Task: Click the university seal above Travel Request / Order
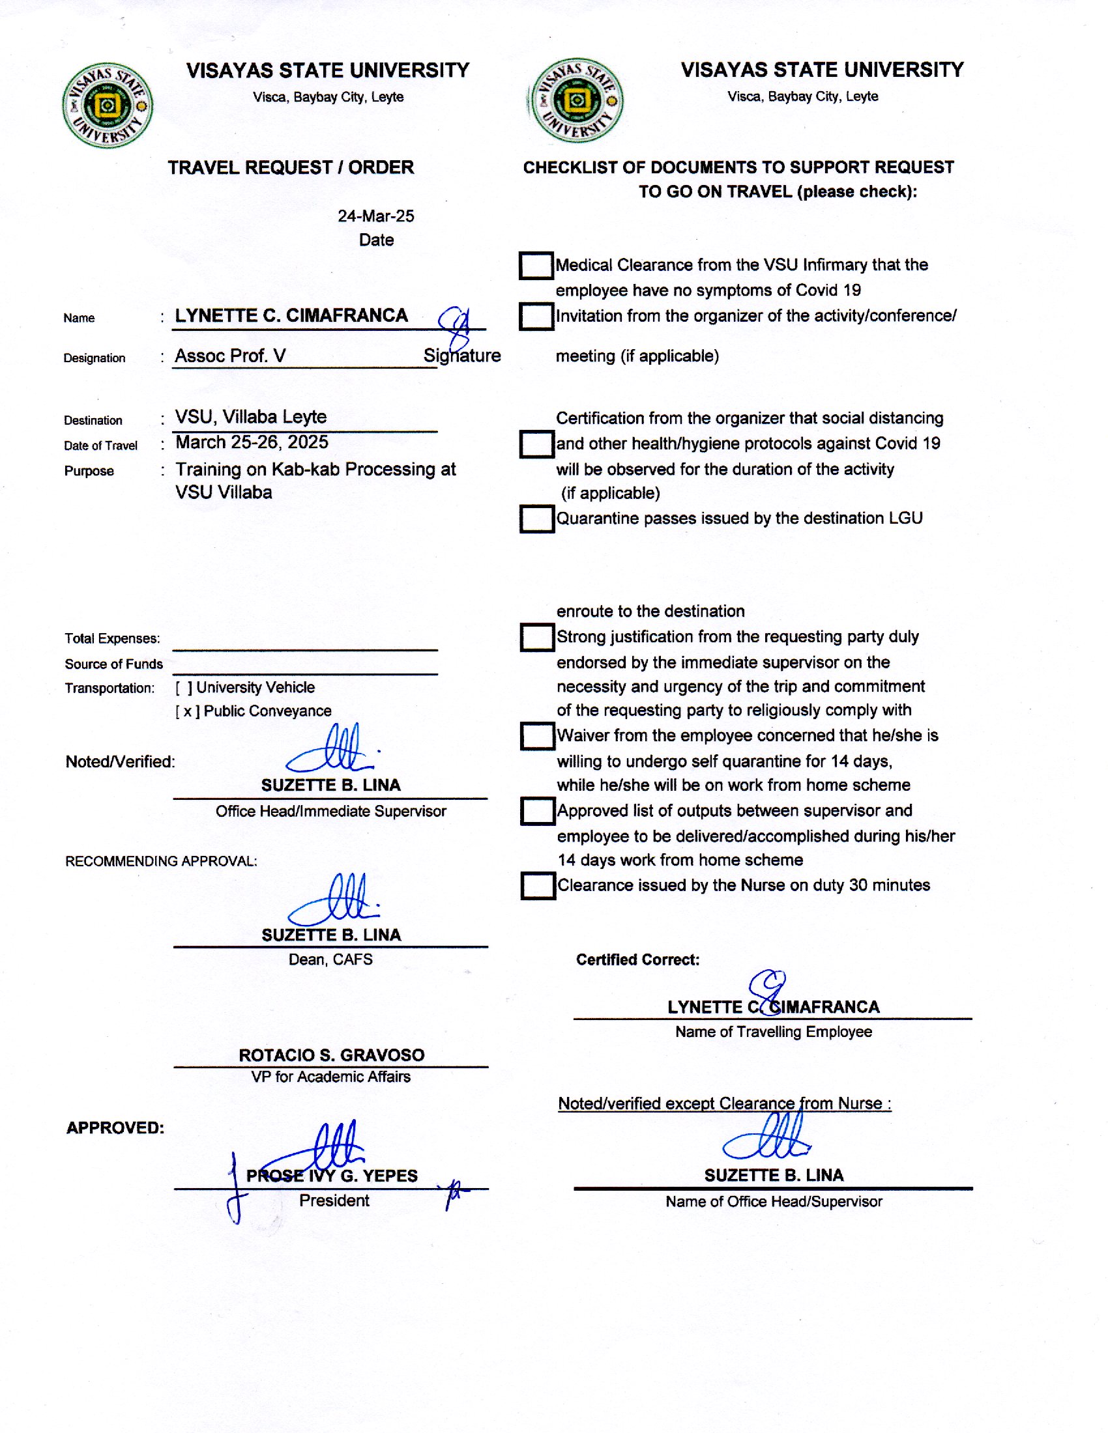pos(108,105)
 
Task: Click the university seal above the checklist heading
pos(576,100)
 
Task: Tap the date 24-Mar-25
pos(375,216)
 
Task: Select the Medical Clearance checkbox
pos(536,266)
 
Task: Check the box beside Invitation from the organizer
pos(536,317)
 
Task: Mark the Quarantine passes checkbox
pos(536,519)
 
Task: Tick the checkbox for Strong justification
pos(537,637)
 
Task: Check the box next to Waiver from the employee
pos(537,736)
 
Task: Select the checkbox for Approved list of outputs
pos(538,811)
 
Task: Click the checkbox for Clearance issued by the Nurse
pos(538,886)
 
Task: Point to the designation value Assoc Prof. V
pos(229,356)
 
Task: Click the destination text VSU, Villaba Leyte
pos(251,418)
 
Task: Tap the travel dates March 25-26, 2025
pos(252,442)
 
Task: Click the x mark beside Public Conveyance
pos(188,712)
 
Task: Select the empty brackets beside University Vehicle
pos(184,688)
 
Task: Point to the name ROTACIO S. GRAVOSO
pos(332,1055)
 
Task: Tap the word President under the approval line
pos(334,1200)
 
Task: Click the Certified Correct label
pos(637,960)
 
